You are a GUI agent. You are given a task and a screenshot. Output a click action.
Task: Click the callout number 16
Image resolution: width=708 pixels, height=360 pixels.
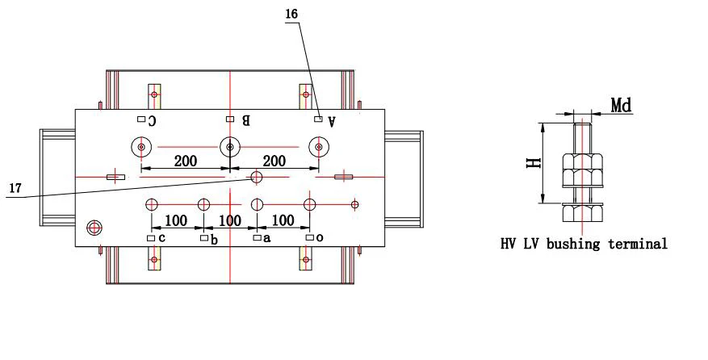(291, 15)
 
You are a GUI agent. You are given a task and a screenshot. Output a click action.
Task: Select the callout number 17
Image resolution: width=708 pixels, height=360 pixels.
(15, 188)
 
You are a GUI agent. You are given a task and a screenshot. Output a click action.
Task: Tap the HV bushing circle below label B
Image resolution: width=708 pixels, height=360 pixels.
(231, 147)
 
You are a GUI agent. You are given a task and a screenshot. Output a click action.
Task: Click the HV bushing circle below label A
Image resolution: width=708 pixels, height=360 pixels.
(320, 147)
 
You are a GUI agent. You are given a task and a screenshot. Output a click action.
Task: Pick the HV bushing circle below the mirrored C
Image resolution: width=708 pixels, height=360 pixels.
(141, 147)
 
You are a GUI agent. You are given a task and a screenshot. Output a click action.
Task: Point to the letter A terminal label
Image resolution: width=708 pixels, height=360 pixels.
(331, 120)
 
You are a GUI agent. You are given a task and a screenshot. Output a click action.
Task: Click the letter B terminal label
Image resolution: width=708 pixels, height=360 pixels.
(245, 121)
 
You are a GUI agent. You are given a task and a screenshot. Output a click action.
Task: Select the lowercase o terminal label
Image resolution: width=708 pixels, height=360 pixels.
(320, 238)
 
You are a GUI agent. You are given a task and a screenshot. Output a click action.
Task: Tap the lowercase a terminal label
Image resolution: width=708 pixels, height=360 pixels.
(266, 238)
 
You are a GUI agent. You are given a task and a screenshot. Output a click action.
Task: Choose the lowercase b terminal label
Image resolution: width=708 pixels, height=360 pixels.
(214, 239)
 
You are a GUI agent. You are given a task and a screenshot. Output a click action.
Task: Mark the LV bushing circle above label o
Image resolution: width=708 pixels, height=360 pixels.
(309, 204)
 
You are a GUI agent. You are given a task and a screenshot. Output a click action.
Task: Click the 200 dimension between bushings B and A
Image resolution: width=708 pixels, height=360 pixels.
(274, 161)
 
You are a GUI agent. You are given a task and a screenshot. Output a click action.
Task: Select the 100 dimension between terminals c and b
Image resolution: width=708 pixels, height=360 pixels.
(176, 220)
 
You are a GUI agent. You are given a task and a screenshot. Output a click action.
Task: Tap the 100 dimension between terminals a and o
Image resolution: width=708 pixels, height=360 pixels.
(283, 220)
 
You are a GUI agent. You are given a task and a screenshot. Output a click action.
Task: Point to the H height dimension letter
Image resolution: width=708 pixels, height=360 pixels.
(532, 163)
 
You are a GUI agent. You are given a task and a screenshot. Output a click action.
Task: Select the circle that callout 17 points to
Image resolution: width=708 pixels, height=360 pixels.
(257, 177)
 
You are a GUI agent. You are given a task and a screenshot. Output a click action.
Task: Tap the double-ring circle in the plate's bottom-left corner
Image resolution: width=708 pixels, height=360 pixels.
(95, 228)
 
